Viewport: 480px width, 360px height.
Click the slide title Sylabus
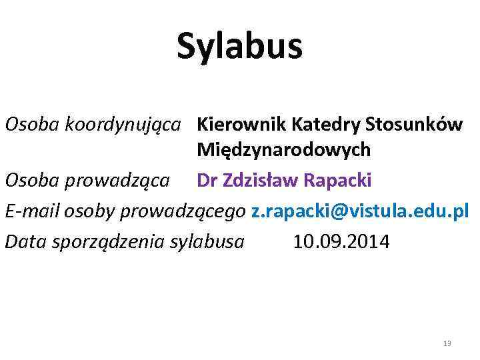tap(239, 47)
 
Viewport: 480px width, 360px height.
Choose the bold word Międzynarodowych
tap(283, 151)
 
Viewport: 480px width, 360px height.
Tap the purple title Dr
tap(207, 180)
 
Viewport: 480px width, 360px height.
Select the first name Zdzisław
tap(259, 180)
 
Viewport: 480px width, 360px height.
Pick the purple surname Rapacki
tap(338, 180)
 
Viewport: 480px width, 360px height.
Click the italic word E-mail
tap(33, 211)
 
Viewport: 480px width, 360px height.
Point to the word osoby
tap(90, 211)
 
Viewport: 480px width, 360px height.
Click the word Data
tap(23, 241)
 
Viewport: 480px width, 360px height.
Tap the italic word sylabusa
tap(207, 241)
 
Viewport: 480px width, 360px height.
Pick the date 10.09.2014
tap(341, 241)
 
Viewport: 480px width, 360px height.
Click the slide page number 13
tap(447, 343)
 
